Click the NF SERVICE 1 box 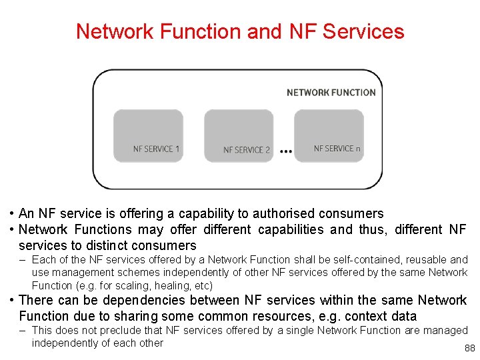tap(148, 137)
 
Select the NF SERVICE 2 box tap(239, 137)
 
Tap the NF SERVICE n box tap(329, 137)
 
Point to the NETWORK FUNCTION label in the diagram tap(331, 93)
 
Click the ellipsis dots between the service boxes tap(286, 151)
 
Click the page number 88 tap(469, 349)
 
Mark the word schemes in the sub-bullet tap(157, 272)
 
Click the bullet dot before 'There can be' tap(13, 301)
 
